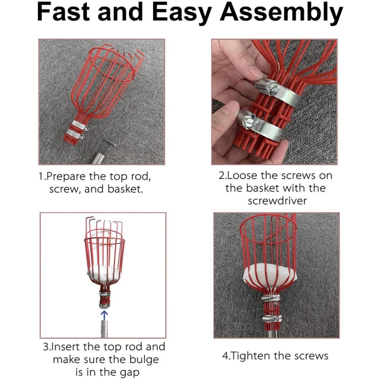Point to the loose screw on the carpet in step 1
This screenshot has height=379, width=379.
click(110, 144)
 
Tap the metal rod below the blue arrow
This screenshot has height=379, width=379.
click(103, 331)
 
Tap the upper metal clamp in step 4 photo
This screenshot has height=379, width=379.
click(271, 299)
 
